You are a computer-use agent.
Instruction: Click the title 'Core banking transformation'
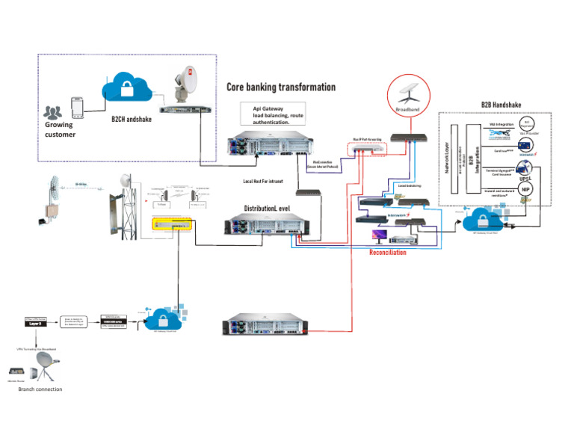281,87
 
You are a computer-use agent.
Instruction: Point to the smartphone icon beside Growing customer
76,105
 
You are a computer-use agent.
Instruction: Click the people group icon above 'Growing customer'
52,112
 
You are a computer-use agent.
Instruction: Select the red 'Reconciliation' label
387,253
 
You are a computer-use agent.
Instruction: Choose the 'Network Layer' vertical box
448,158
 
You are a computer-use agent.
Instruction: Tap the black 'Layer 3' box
39,324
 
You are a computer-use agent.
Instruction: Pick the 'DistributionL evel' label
271,208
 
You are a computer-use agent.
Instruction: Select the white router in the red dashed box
368,148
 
